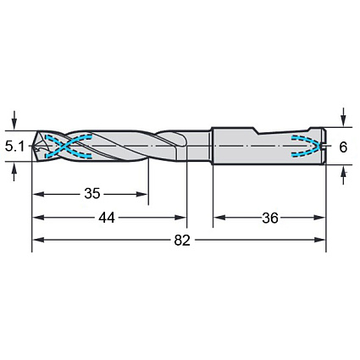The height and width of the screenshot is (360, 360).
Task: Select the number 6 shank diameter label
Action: pos(343,147)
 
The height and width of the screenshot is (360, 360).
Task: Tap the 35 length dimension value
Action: pos(92,194)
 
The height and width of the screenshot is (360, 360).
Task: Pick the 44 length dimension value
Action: pos(107,218)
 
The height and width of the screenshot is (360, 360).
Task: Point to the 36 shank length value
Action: pos(270,218)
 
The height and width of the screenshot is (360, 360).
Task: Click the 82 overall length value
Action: pos(182,241)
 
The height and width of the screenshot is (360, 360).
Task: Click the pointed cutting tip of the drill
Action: pos(33,147)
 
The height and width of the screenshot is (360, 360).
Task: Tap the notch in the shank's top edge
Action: pos(258,131)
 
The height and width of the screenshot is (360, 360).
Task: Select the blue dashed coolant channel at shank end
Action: pos(307,146)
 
